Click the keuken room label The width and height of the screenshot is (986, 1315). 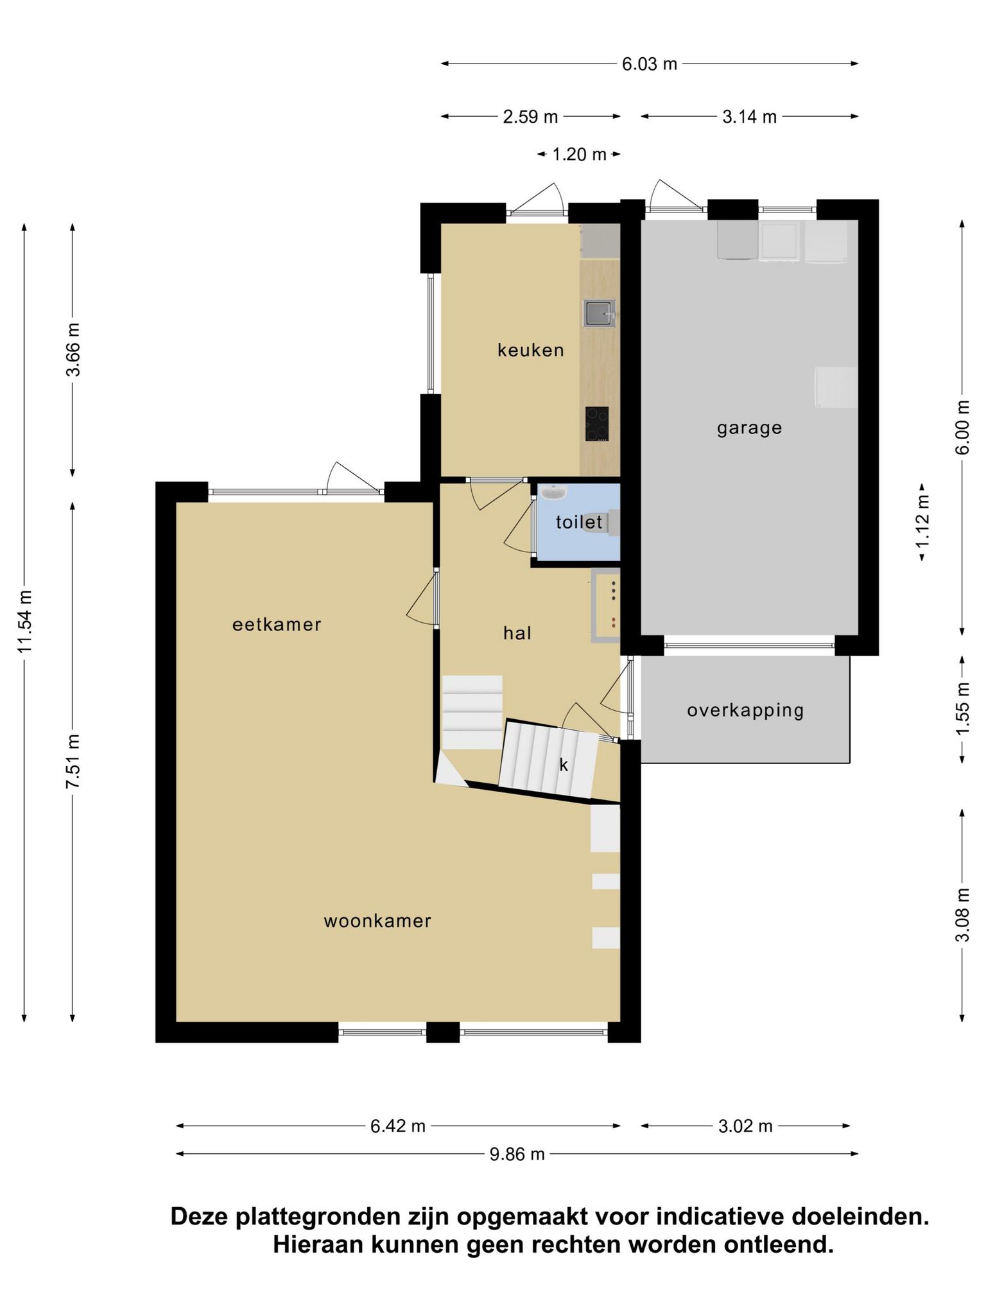pyautogui.click(x=530, y=350)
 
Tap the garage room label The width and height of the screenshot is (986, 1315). pyautogui.click(x=749, y=428)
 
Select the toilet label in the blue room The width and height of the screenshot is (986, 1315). pyautogui.click(x=579, y=522)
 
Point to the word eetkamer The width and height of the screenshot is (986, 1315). pyautogui.click(x=277, y=624)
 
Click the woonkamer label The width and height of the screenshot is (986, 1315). pyautogui.click(x=377, y=921)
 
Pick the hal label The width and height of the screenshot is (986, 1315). pyautogui.click(x=517, y=633)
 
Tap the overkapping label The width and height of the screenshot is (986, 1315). pyautogui.click(x=745, y=711)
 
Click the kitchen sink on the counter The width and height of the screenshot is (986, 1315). pyautogui.click(x=600, y=313)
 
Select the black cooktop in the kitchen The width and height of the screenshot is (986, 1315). pyautogui.click(x=597, y=424)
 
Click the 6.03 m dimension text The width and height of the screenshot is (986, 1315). pyautogui.click(x=650, y=64)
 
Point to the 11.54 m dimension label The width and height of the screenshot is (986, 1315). pyautogui.click(x=25, y=622)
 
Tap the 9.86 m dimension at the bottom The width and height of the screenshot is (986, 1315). pyautogui.click(x=517, y=1154)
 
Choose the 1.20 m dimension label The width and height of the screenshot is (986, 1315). pyautogui.click(x=579, y=154)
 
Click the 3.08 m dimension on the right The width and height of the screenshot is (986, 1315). pyautogui.click(x=962, y=914)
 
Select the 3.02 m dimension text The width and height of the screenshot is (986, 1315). pyautogui.click(x=745, y=1126)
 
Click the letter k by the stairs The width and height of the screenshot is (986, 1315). pyautogui.click(x=564, y=765)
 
